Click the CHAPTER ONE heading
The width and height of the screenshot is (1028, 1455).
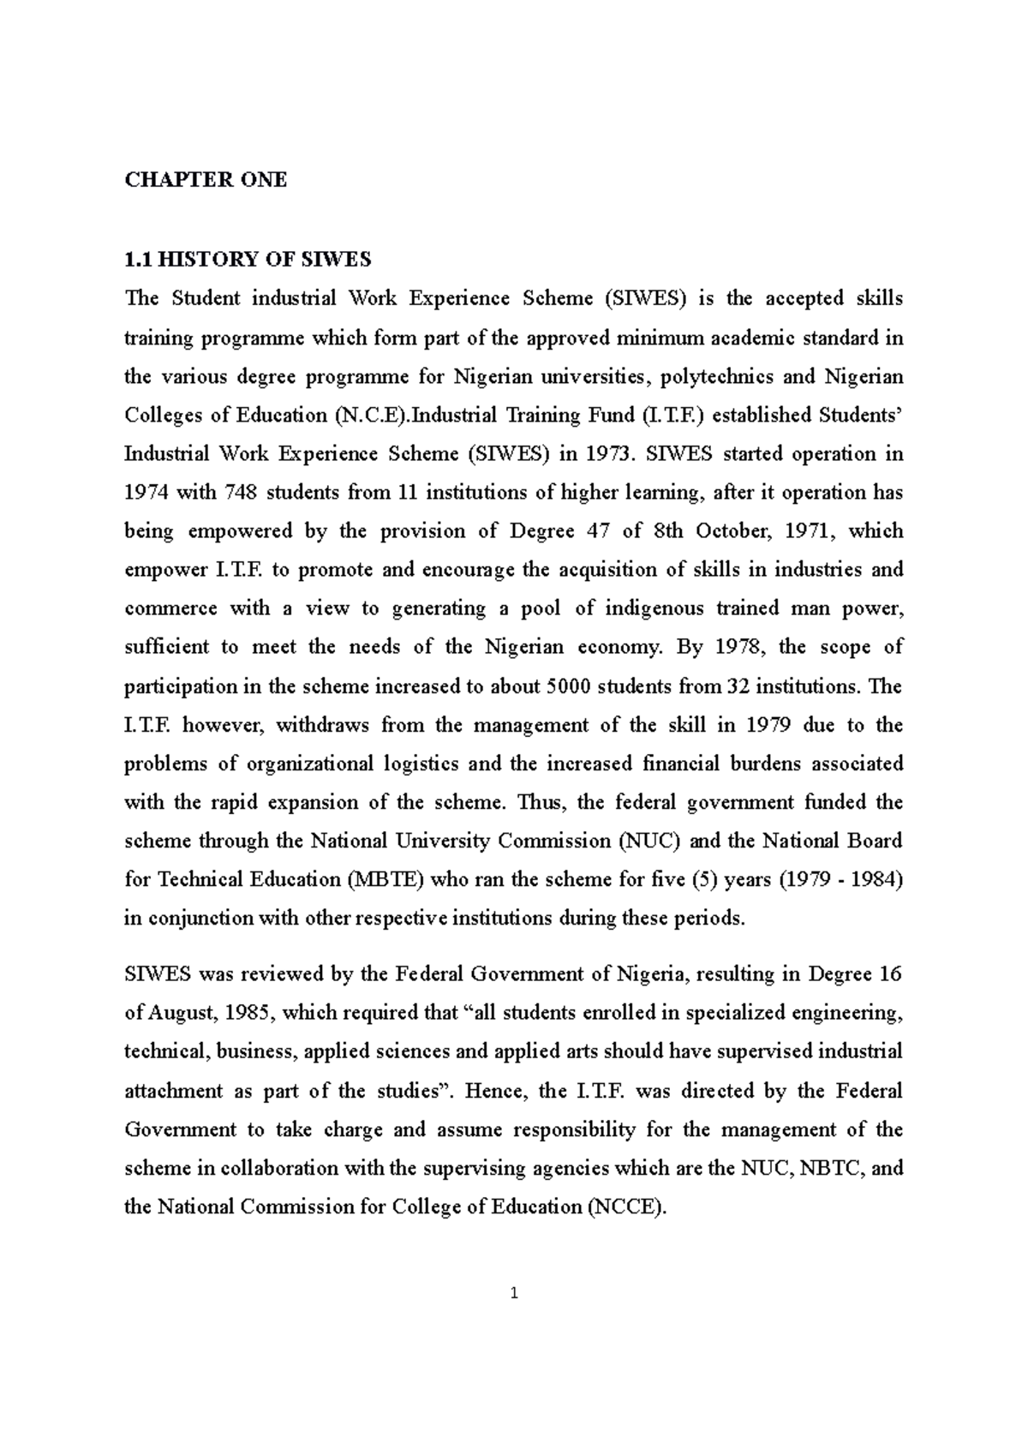tap(206, 180)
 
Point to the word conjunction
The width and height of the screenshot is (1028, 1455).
tap(192, 919)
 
